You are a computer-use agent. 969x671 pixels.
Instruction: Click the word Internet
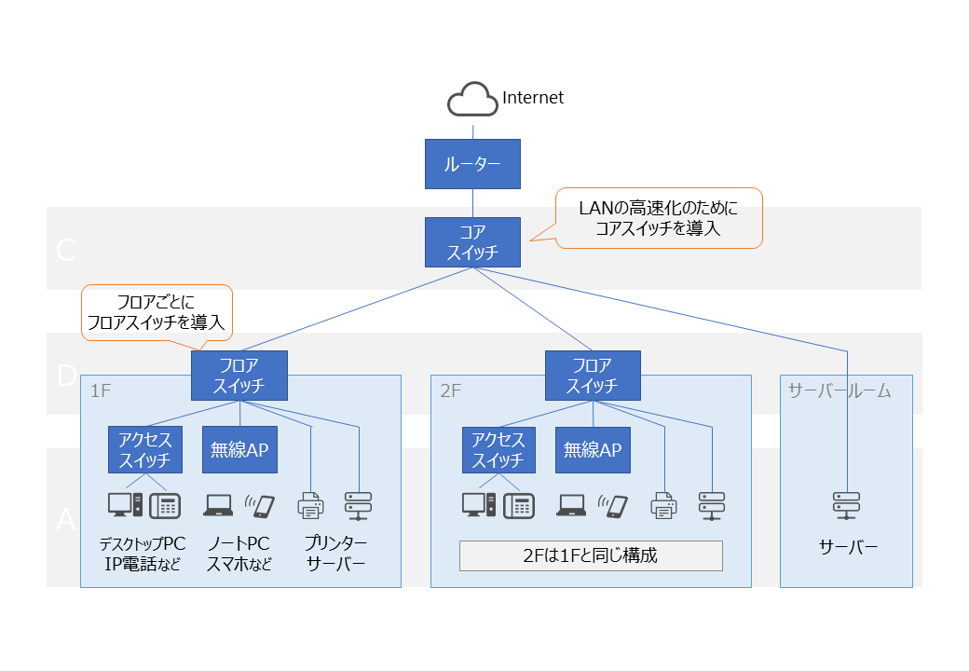pyautogui.click(x=533, y=98)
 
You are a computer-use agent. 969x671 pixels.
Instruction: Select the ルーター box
pyautogui.click(x=472, y=164)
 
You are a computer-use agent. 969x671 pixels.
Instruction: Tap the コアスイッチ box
pyautogui.click(x=472, y=242)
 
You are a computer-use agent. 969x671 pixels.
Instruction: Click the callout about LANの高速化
pyautogui.click(x=659, y=218)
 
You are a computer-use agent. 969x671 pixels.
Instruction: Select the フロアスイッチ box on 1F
pyautogui.click(x=239, y=376)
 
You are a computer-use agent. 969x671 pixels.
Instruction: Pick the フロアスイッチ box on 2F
pyautogui.click(x=593, y=376)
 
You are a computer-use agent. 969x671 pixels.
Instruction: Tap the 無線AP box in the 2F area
pyautogui.click(x=593, y=450)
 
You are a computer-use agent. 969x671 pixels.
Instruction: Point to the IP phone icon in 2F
pyautogui.click(x=519, y=505)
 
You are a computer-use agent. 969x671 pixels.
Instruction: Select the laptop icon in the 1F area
pyautogui.click(x=218, y=505)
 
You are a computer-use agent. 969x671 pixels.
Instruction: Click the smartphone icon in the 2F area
pyautogui.click(x=616, y=505)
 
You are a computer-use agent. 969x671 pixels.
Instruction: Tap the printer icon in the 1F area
pyautogui.click(x=310, y=505)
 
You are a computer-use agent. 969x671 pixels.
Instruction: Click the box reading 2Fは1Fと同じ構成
pyautogui.click(x=591, y=555)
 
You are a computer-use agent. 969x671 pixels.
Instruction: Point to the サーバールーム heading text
pyautogui.click(x=839, y=390)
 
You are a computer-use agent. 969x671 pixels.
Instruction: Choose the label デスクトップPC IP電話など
pyautogui.click(x=143, y=554)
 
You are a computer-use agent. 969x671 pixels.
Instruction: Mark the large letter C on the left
pyautogui.click(x=65, y=250)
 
